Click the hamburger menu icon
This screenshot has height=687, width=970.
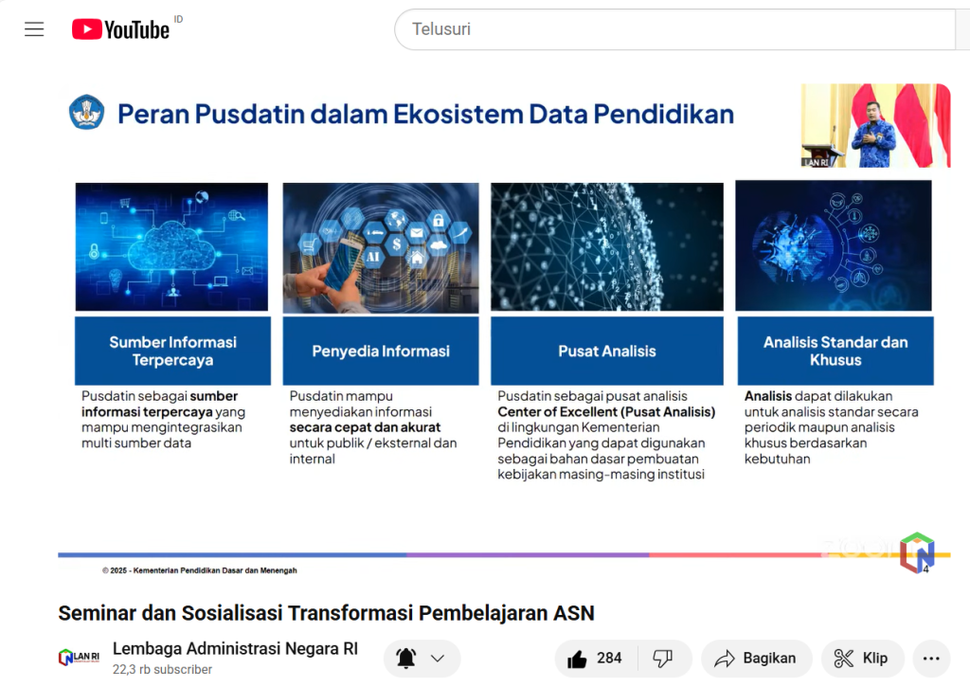pos(34,29)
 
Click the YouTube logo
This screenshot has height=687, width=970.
pos(120,29)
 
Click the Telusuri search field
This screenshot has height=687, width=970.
pos(675,29)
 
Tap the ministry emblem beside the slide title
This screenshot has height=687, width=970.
pos(86,112)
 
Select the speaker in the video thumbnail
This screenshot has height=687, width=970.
pos(872,134)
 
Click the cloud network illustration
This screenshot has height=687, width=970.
pos(172,246)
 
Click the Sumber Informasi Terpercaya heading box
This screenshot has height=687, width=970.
pos(172,351)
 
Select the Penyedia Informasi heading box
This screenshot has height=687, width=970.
pos(381,351)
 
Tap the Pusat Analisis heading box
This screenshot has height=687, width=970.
pos(607,351)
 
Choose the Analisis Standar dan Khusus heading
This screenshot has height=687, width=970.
pos(835,351)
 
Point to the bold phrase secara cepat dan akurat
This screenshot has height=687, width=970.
pos(365,427)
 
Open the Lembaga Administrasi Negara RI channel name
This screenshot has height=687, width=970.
pos(235,649)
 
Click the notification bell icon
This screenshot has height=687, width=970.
pos(405,659)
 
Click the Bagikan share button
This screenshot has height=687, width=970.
pos(756,659)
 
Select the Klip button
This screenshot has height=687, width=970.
pos(862,659)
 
